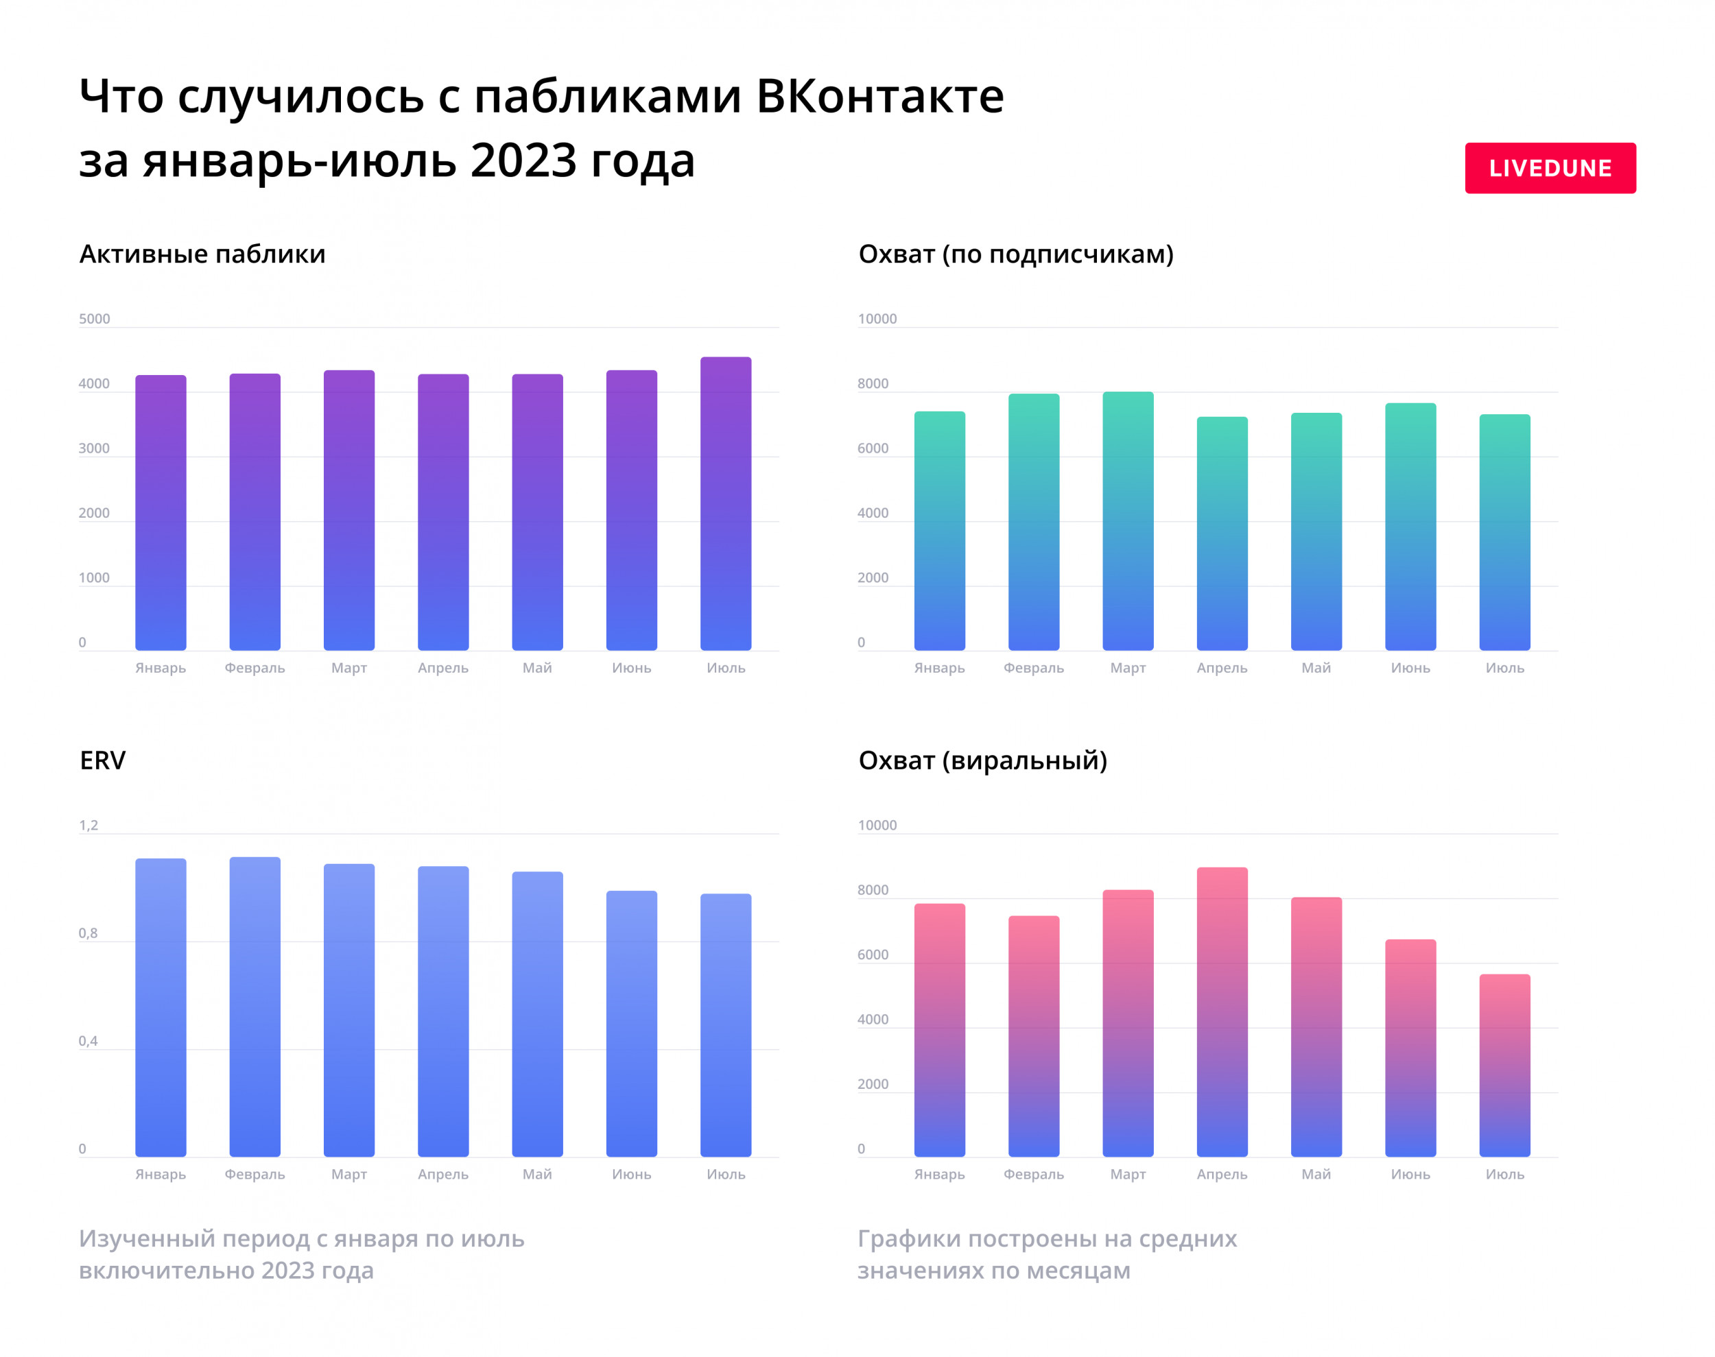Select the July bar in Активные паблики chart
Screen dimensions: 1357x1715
(x=726, y=504)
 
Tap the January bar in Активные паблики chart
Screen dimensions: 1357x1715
(x=161, y=512)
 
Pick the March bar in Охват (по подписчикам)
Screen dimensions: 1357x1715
(x=1128, y=521)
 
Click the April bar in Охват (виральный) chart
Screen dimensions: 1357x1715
(x=1222, y=1011)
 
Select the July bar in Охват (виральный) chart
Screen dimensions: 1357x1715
(x=1504, y=1065)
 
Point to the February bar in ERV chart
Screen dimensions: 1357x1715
(x=255, y=1007)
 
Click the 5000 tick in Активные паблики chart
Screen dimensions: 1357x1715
(x=94, y=319)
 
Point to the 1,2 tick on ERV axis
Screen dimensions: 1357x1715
(x=88, y=825)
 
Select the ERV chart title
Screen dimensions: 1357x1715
(x=102, y=760)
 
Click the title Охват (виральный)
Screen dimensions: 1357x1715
(x=982, y=760)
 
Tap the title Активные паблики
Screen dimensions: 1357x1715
(x=202, y=254)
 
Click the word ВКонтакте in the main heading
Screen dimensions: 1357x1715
(x=879, y=96)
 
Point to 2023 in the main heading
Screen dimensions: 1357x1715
(x=522, y=160)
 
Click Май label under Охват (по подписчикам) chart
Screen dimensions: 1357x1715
(x=1315, y=668)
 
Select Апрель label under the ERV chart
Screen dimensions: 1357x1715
(x=442, y=1175)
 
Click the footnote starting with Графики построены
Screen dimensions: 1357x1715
(x=1046, y=1255)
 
